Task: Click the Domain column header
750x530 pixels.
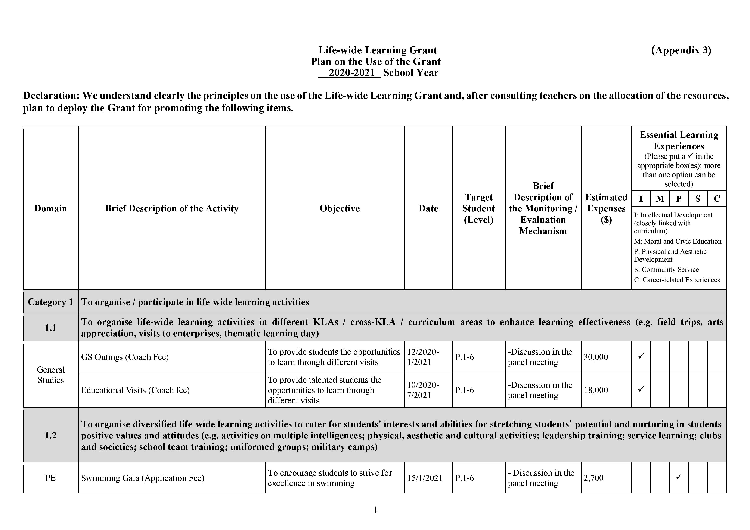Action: (x=51, y=208)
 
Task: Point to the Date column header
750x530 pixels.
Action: (x=428, y=208)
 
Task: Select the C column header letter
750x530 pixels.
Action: (x=717, y=199)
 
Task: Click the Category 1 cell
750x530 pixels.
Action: (x=51, y=302)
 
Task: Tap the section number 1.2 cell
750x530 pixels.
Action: (x=51, y=435)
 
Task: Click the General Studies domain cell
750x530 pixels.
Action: (x=51, y=375)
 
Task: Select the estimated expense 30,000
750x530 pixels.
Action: (x=596, y=357)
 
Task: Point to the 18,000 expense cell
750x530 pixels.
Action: (x=596, y=390)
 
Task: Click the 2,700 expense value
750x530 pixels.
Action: (x=594, y=478)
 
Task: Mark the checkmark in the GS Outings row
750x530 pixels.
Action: (x=641, y=356)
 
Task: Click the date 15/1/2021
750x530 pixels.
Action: (x=425, y=478)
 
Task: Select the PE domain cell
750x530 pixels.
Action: (x=51, y=478)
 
